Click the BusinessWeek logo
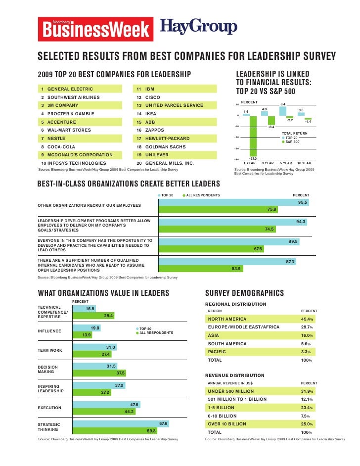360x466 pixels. tap(94, 28)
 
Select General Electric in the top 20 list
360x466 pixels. tap(64, 89)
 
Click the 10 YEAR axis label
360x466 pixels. tap(304, 163)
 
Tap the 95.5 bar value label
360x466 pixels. tap(303, 202)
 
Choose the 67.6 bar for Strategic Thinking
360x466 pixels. tap(121, 424)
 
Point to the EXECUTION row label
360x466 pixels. tap(49, 408)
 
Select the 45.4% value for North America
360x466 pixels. tap(308, 319)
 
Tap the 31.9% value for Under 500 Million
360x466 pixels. tap(308, 391)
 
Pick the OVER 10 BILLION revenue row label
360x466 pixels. tap(227, 424)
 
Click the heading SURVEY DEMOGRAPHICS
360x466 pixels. tap(244, 293)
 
